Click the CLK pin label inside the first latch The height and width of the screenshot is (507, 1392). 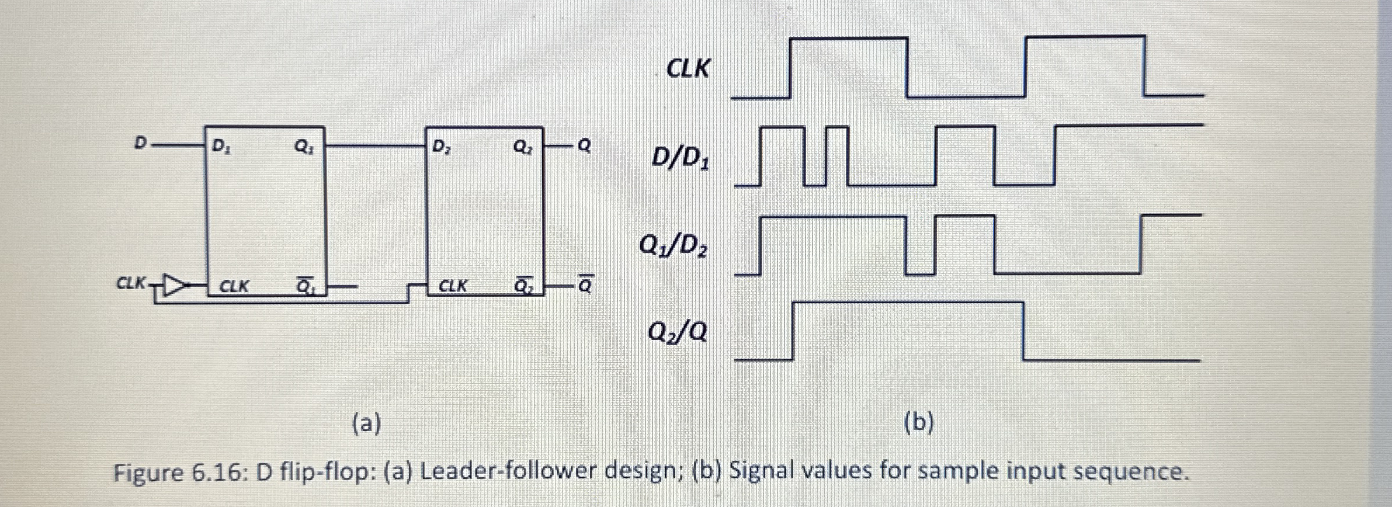[x=234, y=286]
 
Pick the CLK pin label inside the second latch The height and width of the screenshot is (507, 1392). [x=453, y=286]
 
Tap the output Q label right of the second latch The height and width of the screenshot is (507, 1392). [x=584, y=145]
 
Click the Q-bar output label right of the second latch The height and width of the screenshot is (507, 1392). [x=584, y=286]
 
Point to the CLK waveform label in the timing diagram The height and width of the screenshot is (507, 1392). [x=689, y=69]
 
